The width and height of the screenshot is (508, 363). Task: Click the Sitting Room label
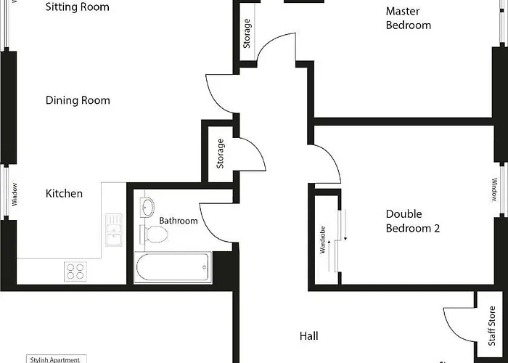(x=78, y=7)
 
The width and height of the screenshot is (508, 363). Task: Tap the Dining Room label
(x=78, y=100)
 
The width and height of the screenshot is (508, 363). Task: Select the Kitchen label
(x=64, y=194)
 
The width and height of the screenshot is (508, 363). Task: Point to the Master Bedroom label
(x=408, y=18)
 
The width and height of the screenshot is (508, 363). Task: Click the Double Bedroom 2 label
(x=413, y=221)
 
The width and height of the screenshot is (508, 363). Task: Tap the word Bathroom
(x=179, y=221)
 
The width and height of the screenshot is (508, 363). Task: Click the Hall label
(x=308, y=336)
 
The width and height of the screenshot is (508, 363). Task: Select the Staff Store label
(x=492, y=326)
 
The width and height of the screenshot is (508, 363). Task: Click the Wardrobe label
(x=322, y=240)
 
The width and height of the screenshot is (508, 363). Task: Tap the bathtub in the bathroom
(x=173, y=267)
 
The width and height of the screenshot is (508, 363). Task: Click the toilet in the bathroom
(x=154, y=234)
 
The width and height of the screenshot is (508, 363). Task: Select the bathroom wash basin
(x=147, y=207)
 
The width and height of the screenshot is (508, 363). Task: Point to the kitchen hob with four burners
(x=75, y=272)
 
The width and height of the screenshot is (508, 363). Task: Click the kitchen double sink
(x=114, y=230)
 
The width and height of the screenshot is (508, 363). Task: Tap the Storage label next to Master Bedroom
(x=247, y=33)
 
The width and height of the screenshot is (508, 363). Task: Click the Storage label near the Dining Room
(x=220, y=154)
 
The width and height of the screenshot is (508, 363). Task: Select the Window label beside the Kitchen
(x=15, y=195)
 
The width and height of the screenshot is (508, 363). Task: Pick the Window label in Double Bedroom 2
(x=494, y=190)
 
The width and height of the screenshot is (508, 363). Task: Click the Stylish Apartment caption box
(x=57, y=359)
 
